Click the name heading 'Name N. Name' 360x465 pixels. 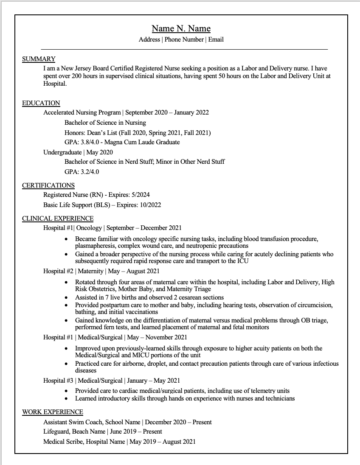(x=181, y=28)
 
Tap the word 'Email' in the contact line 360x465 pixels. (x=216, y=39)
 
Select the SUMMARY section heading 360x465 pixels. (x=39, y=59)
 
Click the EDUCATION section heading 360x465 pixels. (x=41, y=103)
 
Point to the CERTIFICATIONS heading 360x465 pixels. (x=48, y=185)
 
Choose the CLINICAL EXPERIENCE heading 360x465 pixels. (x=58, y=218)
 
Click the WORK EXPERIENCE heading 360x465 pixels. (x=53, y=412)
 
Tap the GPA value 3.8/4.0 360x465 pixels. (x=90, y=142)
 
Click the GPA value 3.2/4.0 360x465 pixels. (x=90, y=172)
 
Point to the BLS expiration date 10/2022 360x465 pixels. (x=149, y=205)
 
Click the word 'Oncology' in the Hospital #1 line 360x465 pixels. (x=89, y=228)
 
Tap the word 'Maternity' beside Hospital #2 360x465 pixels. (x=91, y=271)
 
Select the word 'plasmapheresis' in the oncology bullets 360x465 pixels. (x=95, y=246)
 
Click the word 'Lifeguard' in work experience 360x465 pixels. (x=56, y=431)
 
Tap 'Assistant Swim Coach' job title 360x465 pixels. (x=72, y=422)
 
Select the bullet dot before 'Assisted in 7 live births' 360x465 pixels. (x=66, y=298)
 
